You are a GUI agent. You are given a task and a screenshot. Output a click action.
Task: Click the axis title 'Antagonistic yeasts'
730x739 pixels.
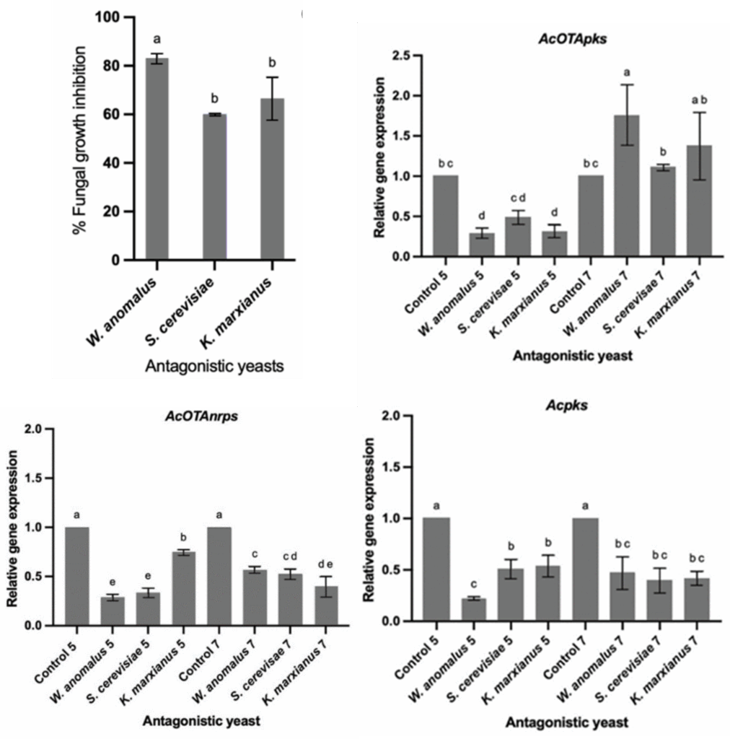coord(214,367)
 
